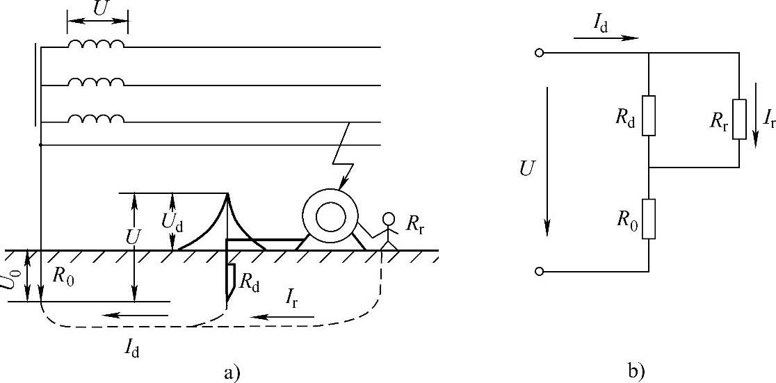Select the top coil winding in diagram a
[97, 44]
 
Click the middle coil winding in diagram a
[97, 81]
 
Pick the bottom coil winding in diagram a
[97, 119]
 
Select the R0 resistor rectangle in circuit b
[648, 219]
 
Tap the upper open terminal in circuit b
[539, 53]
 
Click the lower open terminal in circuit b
[539, 271]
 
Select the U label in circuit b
[527, 168]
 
